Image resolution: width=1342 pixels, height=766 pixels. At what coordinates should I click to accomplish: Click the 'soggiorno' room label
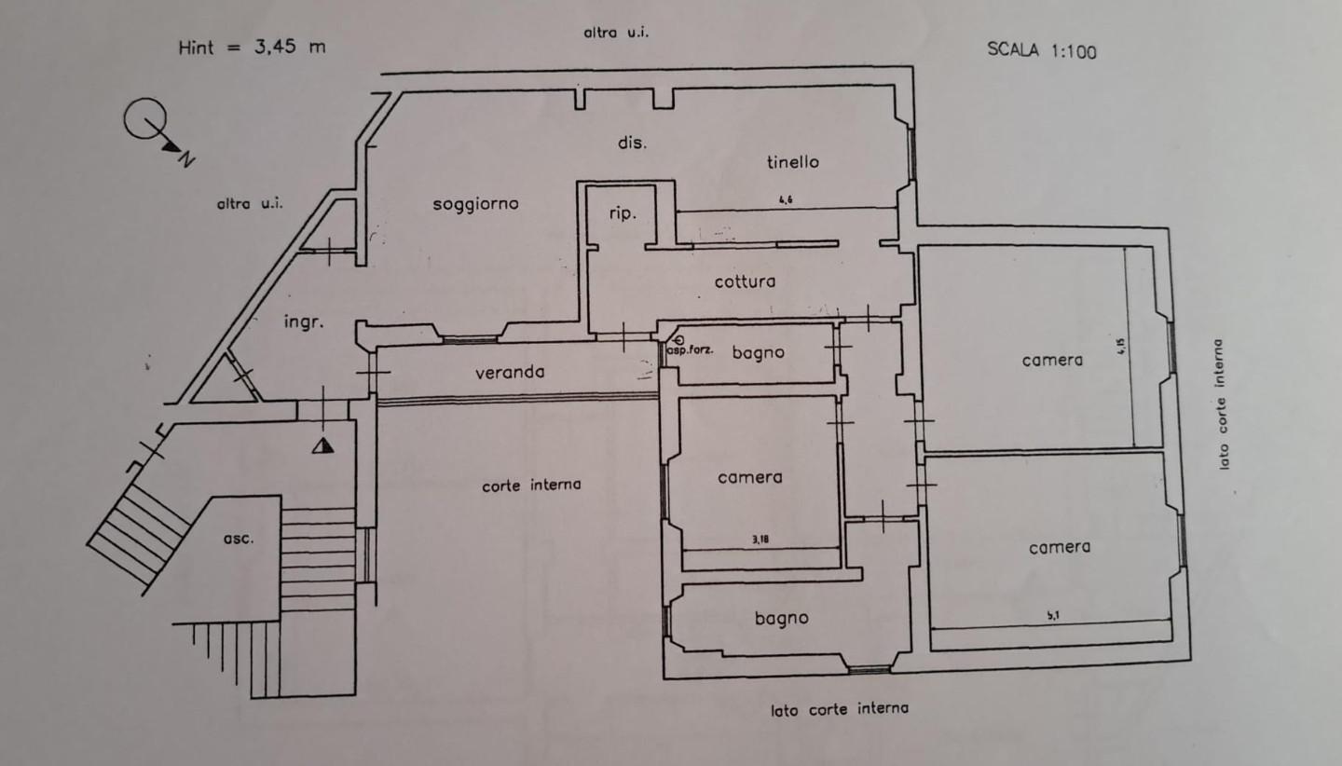[x=475, y=203]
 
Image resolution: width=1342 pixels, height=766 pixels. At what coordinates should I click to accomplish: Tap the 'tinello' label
[x=792, y=161]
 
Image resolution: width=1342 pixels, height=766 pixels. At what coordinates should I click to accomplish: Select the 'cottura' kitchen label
[x=745, y=280]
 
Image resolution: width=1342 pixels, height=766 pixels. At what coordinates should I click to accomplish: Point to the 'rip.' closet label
[x=623, y=213]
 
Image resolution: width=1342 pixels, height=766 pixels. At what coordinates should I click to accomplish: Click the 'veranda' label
[x=510, y=372]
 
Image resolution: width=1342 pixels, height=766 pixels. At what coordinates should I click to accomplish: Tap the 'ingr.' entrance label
[x=303, y=322]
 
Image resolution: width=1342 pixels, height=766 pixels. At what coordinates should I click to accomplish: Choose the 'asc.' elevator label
[x=239, y=538]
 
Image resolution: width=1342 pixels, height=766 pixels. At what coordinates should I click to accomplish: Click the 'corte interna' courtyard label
[x=531, y=485]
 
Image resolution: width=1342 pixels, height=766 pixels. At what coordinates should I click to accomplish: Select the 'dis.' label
[x=631, y=143]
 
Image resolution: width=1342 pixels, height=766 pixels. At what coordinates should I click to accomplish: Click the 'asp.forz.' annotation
[x=691, y=351]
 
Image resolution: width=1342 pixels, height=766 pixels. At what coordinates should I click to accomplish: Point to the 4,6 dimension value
[x=786, y=199]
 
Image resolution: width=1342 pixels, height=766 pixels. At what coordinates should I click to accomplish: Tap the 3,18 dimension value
[x=760, y=539]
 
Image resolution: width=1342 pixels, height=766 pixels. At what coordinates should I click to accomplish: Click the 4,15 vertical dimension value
[x=1122, y=347]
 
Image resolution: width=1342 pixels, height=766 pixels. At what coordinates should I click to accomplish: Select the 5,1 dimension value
[x=1053, y=615]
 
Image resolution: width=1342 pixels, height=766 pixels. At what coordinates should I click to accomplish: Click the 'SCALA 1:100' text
[x=1042, y=50]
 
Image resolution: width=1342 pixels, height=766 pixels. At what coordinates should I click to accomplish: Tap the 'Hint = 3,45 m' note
[x=252, y=47]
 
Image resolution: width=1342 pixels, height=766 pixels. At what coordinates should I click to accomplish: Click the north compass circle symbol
[x=145, y=120]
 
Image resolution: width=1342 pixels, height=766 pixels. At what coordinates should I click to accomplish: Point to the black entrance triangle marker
[x=322, y=445]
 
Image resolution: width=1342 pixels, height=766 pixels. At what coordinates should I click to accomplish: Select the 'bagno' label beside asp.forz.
[x=758, y=352]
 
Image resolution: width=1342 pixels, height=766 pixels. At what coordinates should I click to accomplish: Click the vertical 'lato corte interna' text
[x=1222, y=403]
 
